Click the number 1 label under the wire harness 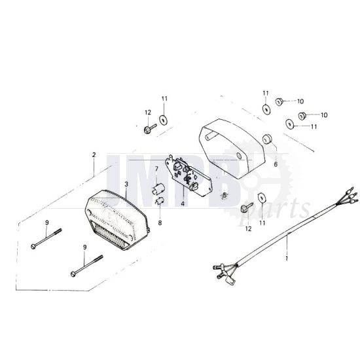coord(287,258)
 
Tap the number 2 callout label coord(94,155)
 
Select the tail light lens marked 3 coord(117,220)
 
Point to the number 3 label coord(126,184)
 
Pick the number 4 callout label coord(183,204)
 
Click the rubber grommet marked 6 coord(267,139)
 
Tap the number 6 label coord(276,164)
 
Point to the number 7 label coord(156,170)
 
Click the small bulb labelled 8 coord(160,201)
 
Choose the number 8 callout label coord(160,223)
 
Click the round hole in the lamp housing coord(239,156)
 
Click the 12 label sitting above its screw coord(148,113)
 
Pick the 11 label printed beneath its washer coord(262,223)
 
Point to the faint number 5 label coord(225,196)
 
